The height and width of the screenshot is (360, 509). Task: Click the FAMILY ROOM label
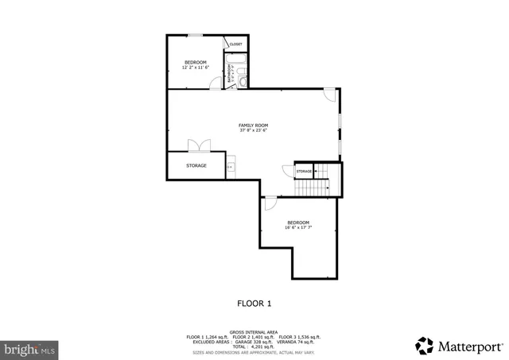[x=254, y=125]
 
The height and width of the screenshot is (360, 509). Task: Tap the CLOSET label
[x=236, y=45]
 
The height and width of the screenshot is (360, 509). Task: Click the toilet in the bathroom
[x=243, y=80]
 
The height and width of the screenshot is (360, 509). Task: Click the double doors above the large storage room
[x=199, y=145]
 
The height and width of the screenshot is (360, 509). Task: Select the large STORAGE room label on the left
[x=196, y=165]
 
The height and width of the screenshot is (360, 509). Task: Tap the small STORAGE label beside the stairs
[x=304, y=172]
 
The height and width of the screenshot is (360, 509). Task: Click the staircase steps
[x=313, y=188]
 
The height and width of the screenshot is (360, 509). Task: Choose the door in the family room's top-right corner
[x=329, y=94]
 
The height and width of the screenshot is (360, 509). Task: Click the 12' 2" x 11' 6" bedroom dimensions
[x=196, y=68]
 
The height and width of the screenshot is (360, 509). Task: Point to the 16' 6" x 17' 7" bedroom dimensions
[x=298, y=228]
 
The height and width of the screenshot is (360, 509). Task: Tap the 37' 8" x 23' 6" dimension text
[x=254, y=130]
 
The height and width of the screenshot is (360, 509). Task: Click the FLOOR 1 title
[x=254, y=303]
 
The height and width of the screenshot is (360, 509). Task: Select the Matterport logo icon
[x=425, y=346]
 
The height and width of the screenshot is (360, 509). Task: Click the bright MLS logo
[x=29, y=348]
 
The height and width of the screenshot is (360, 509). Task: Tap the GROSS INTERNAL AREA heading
[x=254, y=331]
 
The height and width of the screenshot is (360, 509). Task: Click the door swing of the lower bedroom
[x=270, y=203]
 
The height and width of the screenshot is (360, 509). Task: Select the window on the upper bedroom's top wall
[x=194, y=35]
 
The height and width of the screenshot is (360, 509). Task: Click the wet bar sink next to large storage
[x=230, y=167]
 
